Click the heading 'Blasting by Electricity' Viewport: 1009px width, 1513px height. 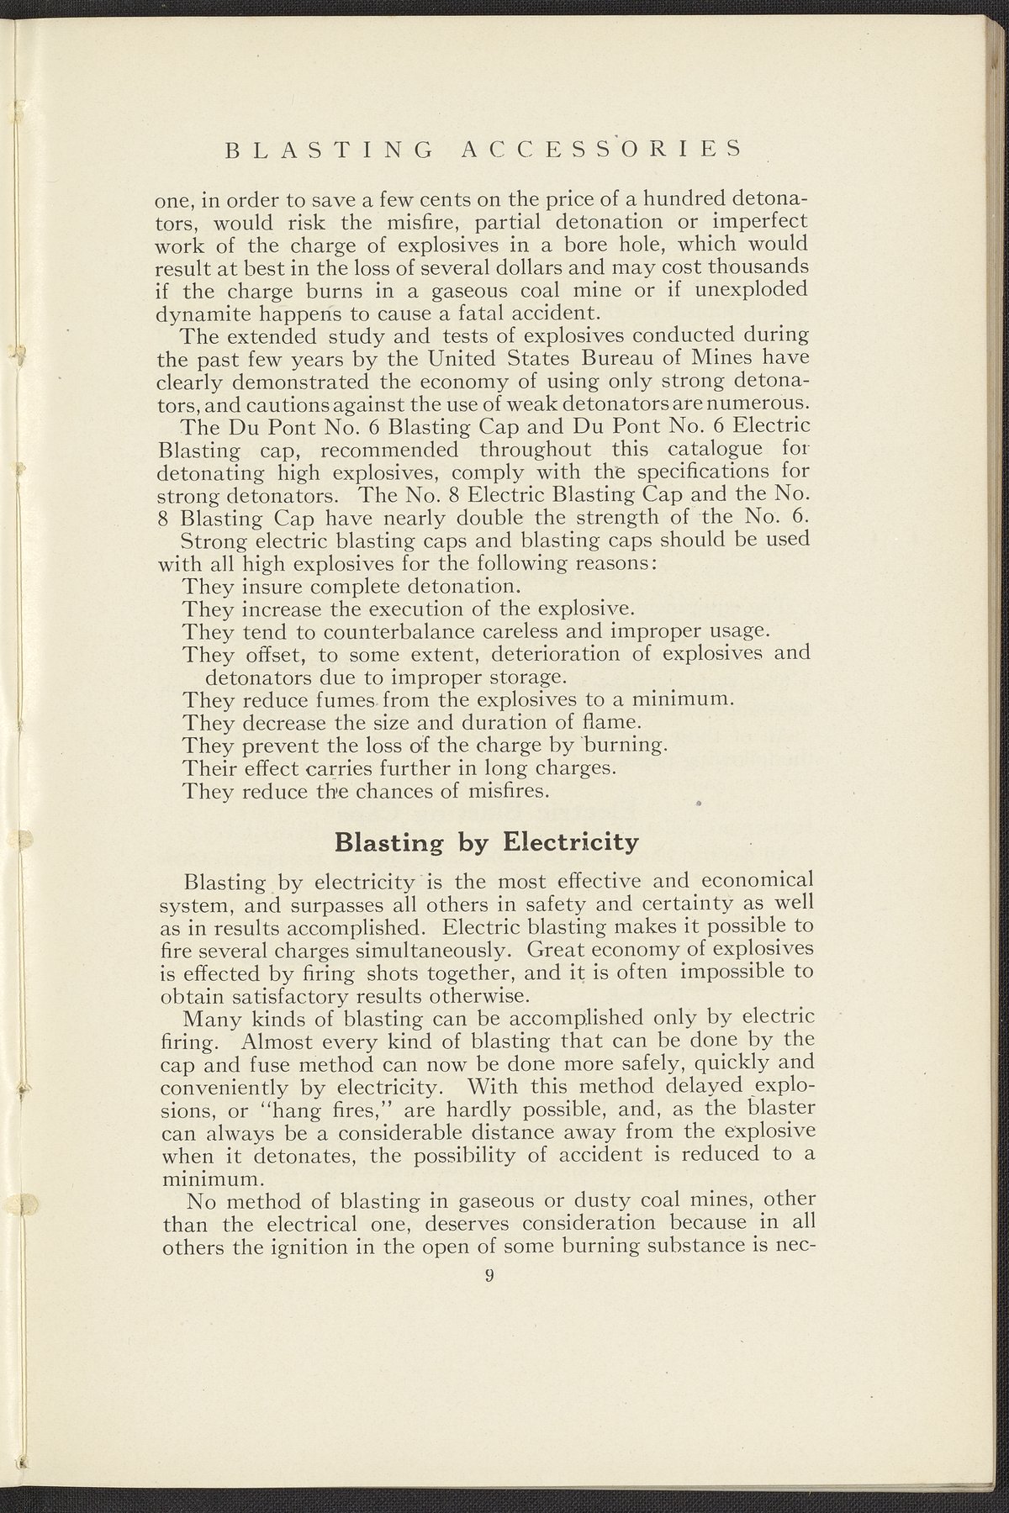[487, 841]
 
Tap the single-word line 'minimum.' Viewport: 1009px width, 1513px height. [198, 1180]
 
